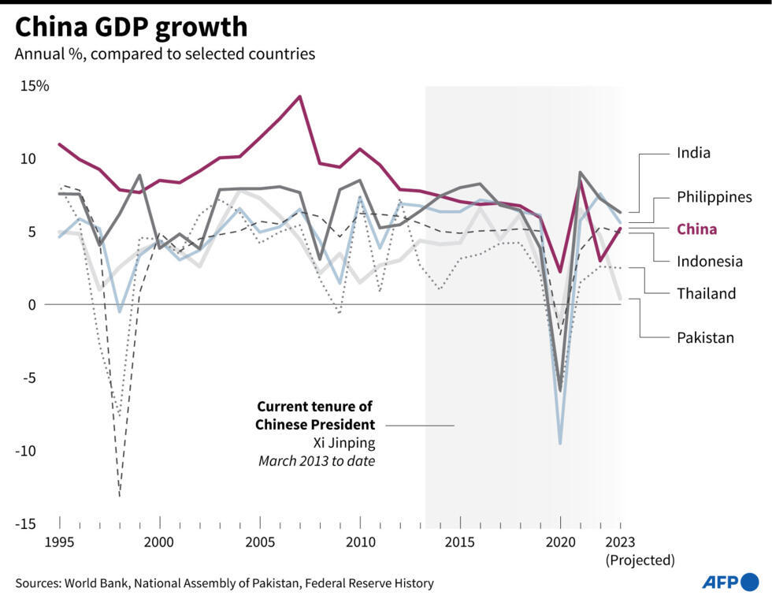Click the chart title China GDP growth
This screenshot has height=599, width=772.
point(131,27)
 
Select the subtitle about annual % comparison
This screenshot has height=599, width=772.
point(165,54)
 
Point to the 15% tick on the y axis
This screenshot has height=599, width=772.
point(34,86)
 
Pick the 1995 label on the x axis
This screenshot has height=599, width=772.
point(60,542)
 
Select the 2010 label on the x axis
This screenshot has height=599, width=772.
point(360,542)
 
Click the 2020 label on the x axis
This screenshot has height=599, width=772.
point(560,542)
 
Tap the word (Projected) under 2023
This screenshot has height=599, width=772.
point(640,560)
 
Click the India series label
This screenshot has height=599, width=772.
point(693,153)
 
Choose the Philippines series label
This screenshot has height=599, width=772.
point(714,197)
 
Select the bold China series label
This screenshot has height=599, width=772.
point(697,229)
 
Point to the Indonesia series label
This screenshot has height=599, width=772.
point(709,261)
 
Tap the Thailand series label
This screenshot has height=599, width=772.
point(706,293)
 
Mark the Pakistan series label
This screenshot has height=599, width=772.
point(705,337)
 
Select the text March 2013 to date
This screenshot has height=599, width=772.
point(316,461)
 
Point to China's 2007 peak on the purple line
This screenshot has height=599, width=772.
point(299,97)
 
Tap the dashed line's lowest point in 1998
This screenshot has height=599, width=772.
point(120,496)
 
